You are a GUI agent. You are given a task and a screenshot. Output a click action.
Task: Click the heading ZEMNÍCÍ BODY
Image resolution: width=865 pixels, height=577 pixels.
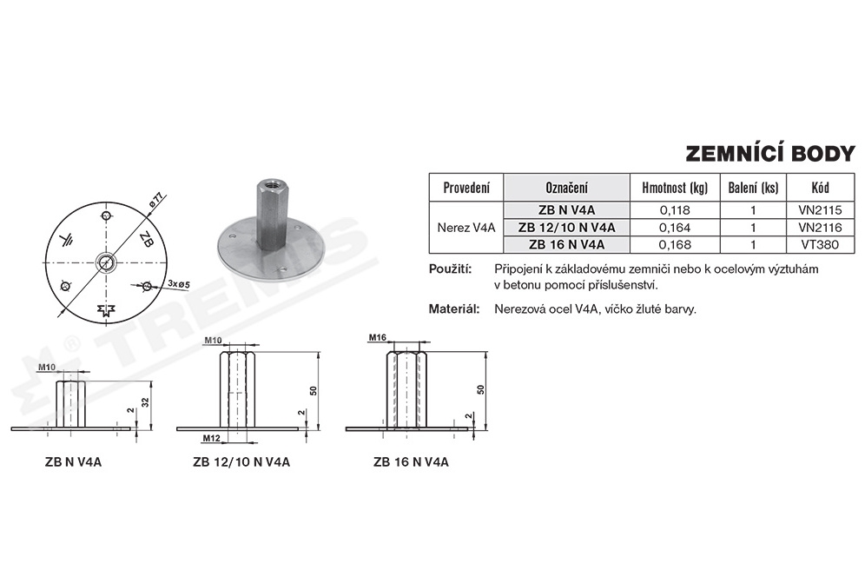[770, 154]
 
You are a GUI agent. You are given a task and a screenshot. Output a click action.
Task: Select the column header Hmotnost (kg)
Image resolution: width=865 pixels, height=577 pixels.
[675, 188]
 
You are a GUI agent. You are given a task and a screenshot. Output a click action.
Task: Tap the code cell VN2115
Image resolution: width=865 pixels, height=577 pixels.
[821, 209]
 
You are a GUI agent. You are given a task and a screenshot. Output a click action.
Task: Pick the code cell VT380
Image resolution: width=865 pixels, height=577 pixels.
[821, 244]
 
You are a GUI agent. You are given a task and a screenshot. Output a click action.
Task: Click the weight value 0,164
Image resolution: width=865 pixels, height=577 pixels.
[675, 227]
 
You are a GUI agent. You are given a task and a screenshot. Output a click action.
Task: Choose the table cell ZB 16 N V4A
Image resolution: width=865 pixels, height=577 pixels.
[566, 244]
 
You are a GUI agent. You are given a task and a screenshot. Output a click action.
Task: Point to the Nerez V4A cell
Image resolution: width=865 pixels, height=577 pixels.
[466, 227]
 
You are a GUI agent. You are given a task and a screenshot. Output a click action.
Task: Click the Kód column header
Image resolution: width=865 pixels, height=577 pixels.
[821, 188]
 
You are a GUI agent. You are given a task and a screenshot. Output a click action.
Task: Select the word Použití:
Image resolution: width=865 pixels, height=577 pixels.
[450, 269]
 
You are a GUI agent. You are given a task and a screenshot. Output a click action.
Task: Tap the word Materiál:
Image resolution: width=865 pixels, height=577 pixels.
[454, 308]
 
